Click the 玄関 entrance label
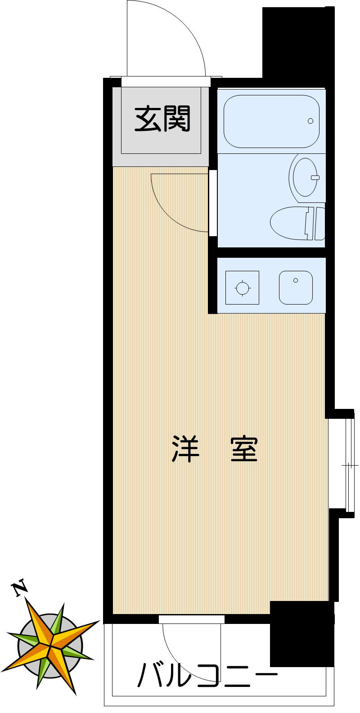coord(162,119)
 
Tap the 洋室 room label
coord(215,449)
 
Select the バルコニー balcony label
coord(207,675)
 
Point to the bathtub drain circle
coord(310,121)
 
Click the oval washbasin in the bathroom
coord(305,177)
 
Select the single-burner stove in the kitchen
coord(242,288)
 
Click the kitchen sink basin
coord(296,288)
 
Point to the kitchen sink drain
coord(296,280)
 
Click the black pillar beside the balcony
coord(301,634)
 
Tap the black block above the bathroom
coord(298,43)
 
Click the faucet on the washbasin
coord(315,177)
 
